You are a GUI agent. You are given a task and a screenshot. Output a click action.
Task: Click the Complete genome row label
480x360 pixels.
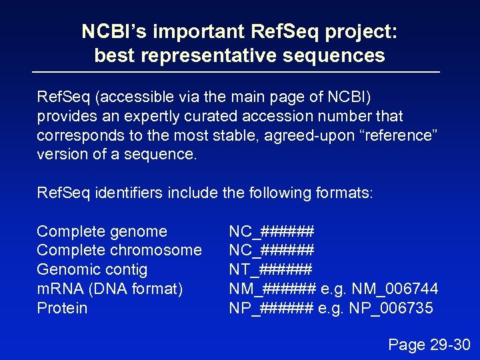102,231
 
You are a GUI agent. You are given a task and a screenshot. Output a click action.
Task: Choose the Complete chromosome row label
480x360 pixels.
119,250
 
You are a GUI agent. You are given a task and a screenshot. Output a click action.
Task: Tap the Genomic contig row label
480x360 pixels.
92,269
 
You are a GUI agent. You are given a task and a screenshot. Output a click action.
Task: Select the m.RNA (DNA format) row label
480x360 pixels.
109,289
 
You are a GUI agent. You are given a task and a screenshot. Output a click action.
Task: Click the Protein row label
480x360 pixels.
62,308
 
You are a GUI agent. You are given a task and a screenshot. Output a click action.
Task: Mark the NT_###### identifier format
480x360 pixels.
270,269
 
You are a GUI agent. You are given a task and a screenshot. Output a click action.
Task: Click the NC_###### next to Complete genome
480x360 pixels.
271,231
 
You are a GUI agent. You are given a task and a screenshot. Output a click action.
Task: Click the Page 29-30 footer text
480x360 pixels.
429,345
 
